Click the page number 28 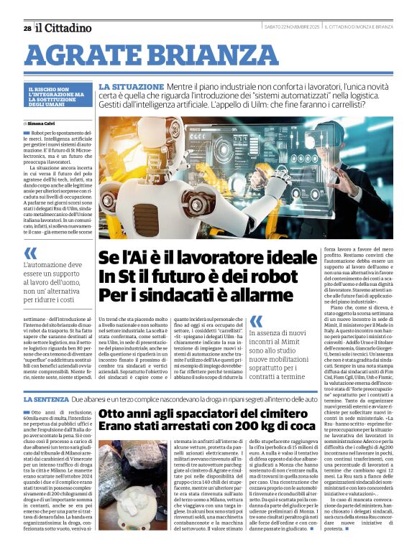pos(27,28)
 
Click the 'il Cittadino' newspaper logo pos(64,28)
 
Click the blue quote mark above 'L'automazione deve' pos(30,253)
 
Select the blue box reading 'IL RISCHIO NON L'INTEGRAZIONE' pos(57,97)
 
